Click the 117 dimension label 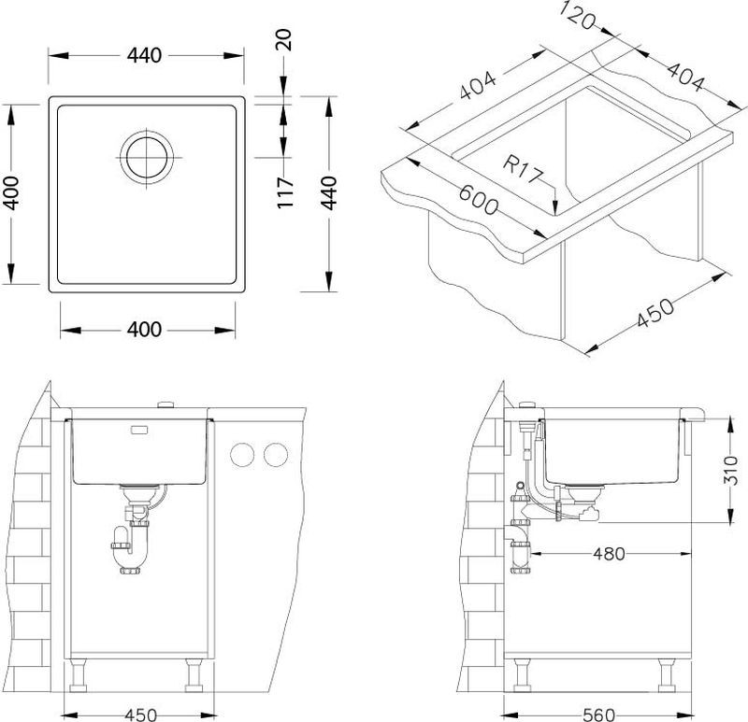[x=285, y=192]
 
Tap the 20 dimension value [x=283, y=40]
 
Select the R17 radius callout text [x=523, y=170]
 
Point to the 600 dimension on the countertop [x=479, y=200]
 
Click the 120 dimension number [x=577, y=15]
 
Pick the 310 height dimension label [x=730, y=470]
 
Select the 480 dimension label [x=609, y=554]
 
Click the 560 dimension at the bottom [x=599, y=715]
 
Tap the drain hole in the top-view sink [x=147, y=157]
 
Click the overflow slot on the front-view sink [x=139, y=431]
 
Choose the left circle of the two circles [x=242, y=455]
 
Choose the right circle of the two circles [x=276, y=455]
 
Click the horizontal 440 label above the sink [x=145, y=56]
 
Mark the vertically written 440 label [x=329, y=193]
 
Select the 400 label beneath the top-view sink [x=145, y=330]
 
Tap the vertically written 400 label [x=11, y=193]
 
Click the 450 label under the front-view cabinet [x=140, y=715]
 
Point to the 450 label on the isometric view [x=656, y=313]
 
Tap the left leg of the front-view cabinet [x=78, y=675]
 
